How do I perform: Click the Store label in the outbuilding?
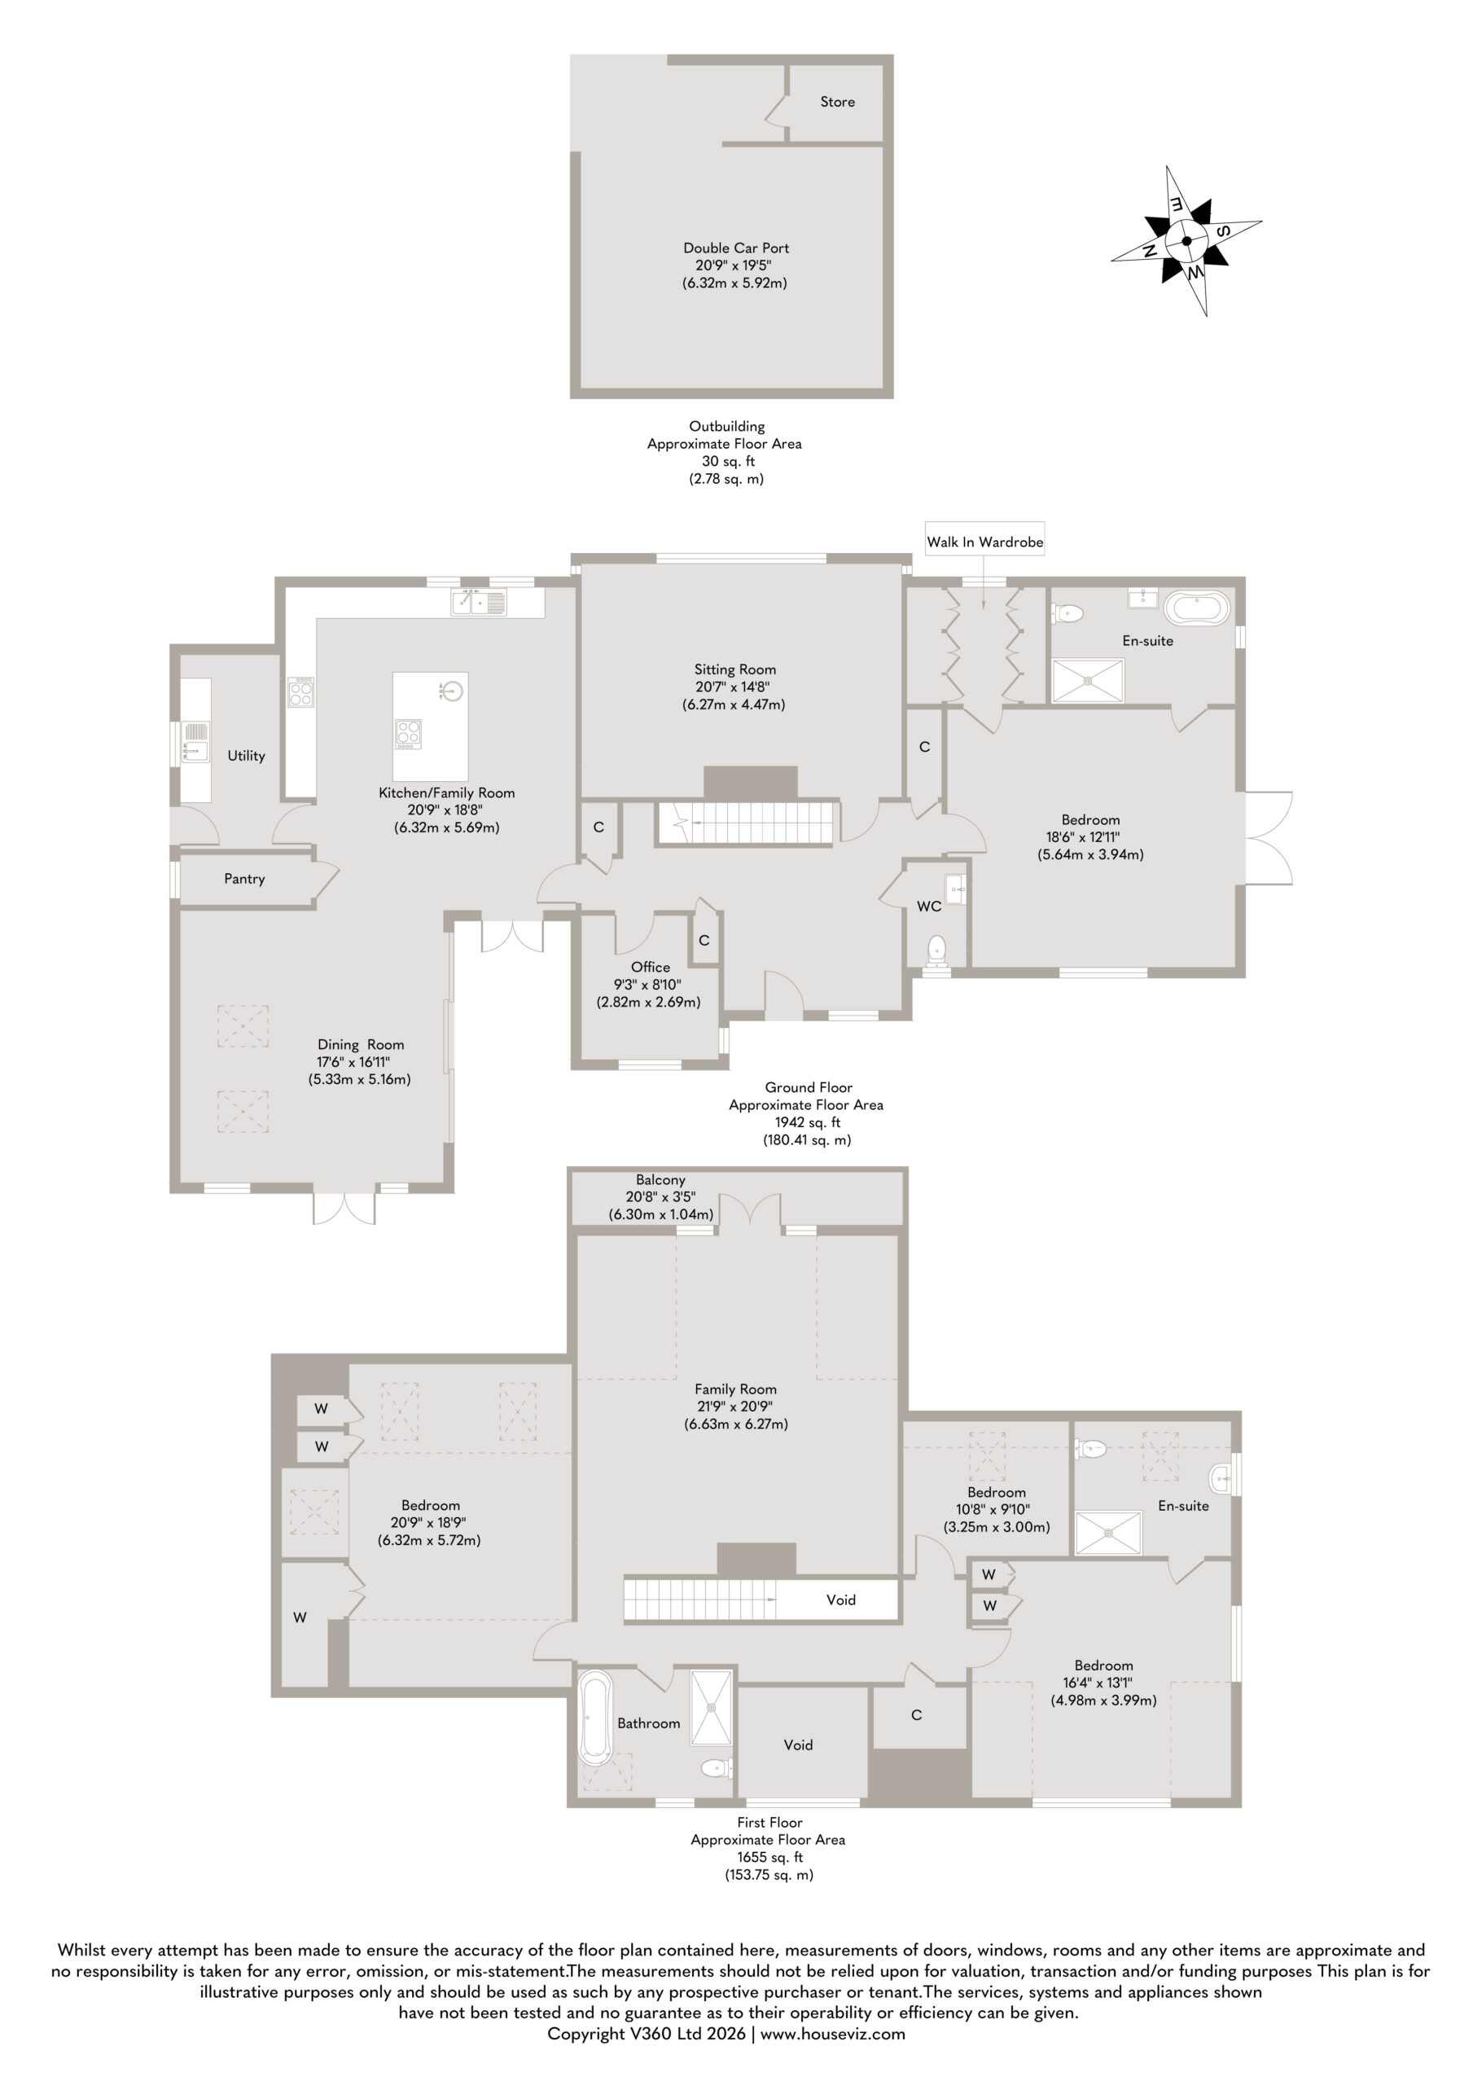836,102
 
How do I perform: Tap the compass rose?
1186,240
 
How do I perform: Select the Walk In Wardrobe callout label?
984,542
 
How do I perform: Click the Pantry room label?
244,879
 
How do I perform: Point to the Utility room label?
246,756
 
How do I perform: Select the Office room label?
651,967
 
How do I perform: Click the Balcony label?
660,1179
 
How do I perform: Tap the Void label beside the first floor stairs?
840,1600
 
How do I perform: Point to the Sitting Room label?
734,669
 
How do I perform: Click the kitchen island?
431,726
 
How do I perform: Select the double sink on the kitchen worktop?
479,602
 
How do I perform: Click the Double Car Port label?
735,248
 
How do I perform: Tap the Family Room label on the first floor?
735,1389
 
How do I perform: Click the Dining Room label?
361,1044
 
